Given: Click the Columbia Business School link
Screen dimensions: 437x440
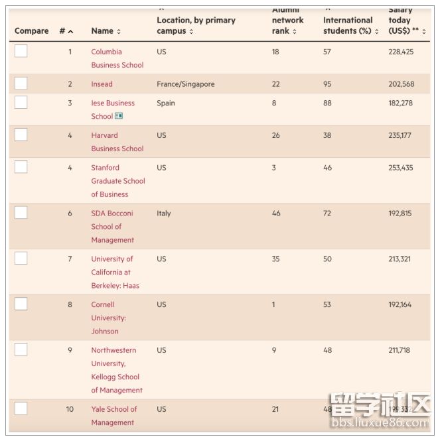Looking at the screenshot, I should (117, 58).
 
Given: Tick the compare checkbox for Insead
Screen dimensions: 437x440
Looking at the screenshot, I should (21, 84).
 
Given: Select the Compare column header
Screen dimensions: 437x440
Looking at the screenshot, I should (31, 31).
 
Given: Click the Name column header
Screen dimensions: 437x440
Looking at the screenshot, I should (106, 31).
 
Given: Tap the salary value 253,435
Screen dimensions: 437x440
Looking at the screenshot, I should (400, 168).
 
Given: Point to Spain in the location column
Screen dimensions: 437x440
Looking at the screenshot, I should (166, 103).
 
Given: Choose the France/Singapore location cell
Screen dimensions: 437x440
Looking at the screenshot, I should (185, 84).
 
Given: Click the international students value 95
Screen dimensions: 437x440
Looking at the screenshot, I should (327, 84).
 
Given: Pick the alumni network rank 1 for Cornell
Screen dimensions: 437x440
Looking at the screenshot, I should (274, 305).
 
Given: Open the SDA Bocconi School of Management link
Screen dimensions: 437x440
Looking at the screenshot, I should (112, 227).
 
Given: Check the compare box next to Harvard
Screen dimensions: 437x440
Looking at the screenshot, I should (21, 135).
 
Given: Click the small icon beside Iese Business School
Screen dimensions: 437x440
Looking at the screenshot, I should (119, 116).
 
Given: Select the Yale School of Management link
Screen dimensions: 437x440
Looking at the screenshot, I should (113, 416).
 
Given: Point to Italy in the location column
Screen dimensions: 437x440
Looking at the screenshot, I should (164, 214).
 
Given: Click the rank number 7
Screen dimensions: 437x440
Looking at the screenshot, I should (70, 259).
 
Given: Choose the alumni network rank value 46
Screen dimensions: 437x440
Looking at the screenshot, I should (276, 214).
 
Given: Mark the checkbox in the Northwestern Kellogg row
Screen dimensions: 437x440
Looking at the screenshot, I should (21, 350).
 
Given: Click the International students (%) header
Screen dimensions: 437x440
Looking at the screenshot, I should (350, 25).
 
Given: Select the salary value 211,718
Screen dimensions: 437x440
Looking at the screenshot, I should (400, 350).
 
